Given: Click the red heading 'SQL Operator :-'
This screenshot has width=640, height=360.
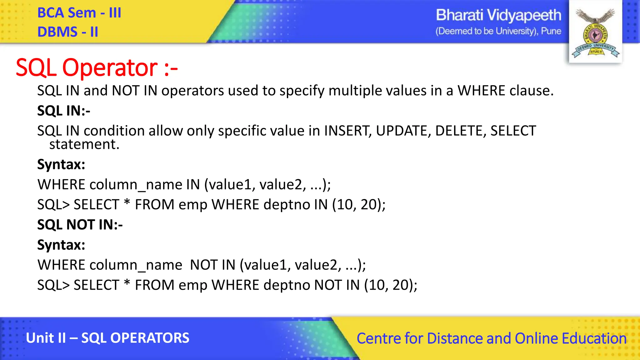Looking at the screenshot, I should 97,67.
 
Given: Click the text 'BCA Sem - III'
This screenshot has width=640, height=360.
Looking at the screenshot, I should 79,13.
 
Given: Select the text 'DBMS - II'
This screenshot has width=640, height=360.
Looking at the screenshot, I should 67,32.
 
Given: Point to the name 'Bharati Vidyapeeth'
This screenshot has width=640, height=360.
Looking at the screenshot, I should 498,15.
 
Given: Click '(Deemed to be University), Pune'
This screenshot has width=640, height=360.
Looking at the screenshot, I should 498,31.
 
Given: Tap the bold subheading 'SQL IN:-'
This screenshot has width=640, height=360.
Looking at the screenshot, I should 63,111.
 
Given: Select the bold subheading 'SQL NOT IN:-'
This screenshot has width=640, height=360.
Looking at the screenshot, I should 80,225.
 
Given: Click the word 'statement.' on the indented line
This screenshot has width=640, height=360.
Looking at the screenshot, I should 84,145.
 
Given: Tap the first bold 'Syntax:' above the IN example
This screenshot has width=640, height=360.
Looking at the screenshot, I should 61,164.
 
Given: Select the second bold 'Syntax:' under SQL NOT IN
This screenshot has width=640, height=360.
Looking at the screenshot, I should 61,245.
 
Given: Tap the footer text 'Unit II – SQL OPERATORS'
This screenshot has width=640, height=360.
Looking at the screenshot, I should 107,338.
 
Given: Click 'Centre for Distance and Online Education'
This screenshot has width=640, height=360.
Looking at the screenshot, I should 491,338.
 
